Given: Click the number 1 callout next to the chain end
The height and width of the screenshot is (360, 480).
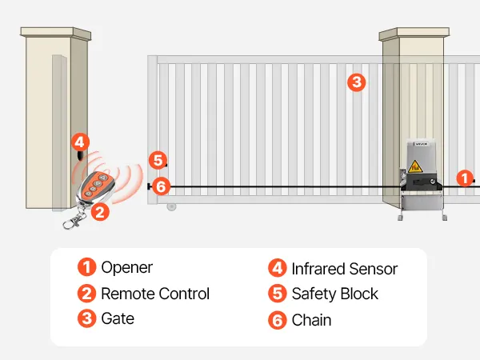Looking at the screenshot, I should click(465, 178).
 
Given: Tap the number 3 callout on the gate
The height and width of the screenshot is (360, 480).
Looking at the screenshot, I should click(357, 82).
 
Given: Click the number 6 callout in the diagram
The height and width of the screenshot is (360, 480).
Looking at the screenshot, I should click(161, 186).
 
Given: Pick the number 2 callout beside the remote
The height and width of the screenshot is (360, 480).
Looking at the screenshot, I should click(100, 212).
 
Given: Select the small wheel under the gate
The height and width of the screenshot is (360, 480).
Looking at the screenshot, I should click(171, 206).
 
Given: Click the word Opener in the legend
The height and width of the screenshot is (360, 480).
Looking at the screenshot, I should click(126, 268).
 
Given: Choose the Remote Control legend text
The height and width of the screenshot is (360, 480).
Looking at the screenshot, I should click(154, 294).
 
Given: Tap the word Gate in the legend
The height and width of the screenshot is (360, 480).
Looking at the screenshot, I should click(118, 318).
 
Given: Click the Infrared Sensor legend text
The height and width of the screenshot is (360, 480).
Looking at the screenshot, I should click(344, 269).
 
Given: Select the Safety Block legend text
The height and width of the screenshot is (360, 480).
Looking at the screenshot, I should click(334, 294).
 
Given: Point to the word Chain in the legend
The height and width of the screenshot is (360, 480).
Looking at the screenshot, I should click(311, 320).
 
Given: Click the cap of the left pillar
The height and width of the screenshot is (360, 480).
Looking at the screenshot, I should click(55, 33).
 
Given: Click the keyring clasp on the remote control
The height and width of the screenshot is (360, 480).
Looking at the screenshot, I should click(72, 221).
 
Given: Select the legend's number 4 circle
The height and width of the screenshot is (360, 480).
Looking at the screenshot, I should click(277, 269).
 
